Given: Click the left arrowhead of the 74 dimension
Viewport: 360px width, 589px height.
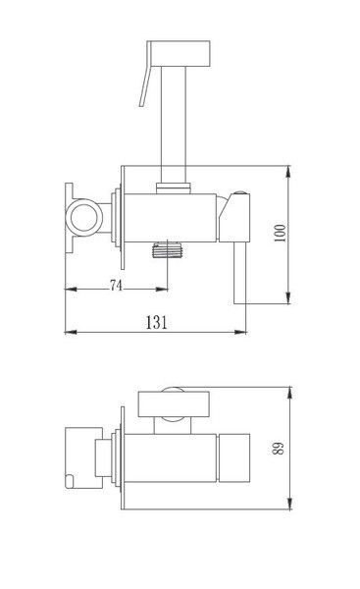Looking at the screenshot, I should click(68, 290).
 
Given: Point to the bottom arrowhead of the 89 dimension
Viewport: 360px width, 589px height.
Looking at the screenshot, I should click(291, 508).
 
